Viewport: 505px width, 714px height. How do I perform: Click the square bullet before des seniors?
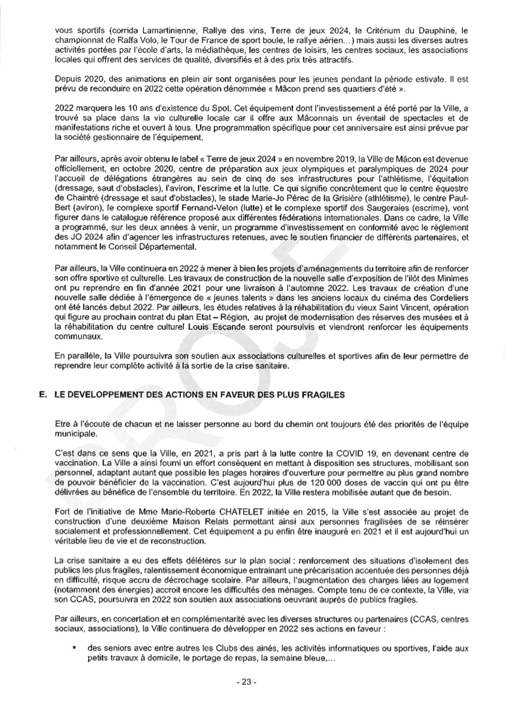pos(74,647)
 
